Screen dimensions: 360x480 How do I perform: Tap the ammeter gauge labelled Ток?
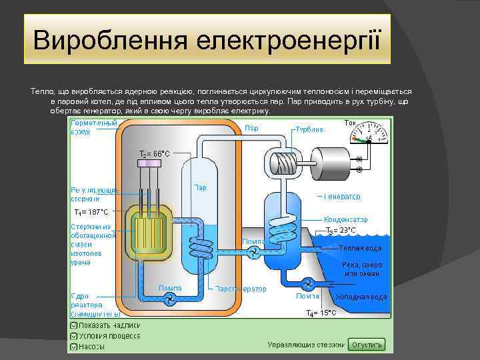[368, 135]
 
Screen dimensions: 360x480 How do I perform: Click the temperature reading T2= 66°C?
[154, 153]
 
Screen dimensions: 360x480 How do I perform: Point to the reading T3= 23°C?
[341, 231]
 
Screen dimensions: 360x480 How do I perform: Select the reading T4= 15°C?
[321, 313]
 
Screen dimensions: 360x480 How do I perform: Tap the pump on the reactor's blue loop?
[171, 297]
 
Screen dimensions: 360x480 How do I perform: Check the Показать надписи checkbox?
[72, 325]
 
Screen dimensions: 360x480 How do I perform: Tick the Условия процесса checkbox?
[72, 336]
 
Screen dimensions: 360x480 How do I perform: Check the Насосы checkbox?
[72, 347]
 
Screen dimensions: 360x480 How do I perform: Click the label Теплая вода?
[360, 248]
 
